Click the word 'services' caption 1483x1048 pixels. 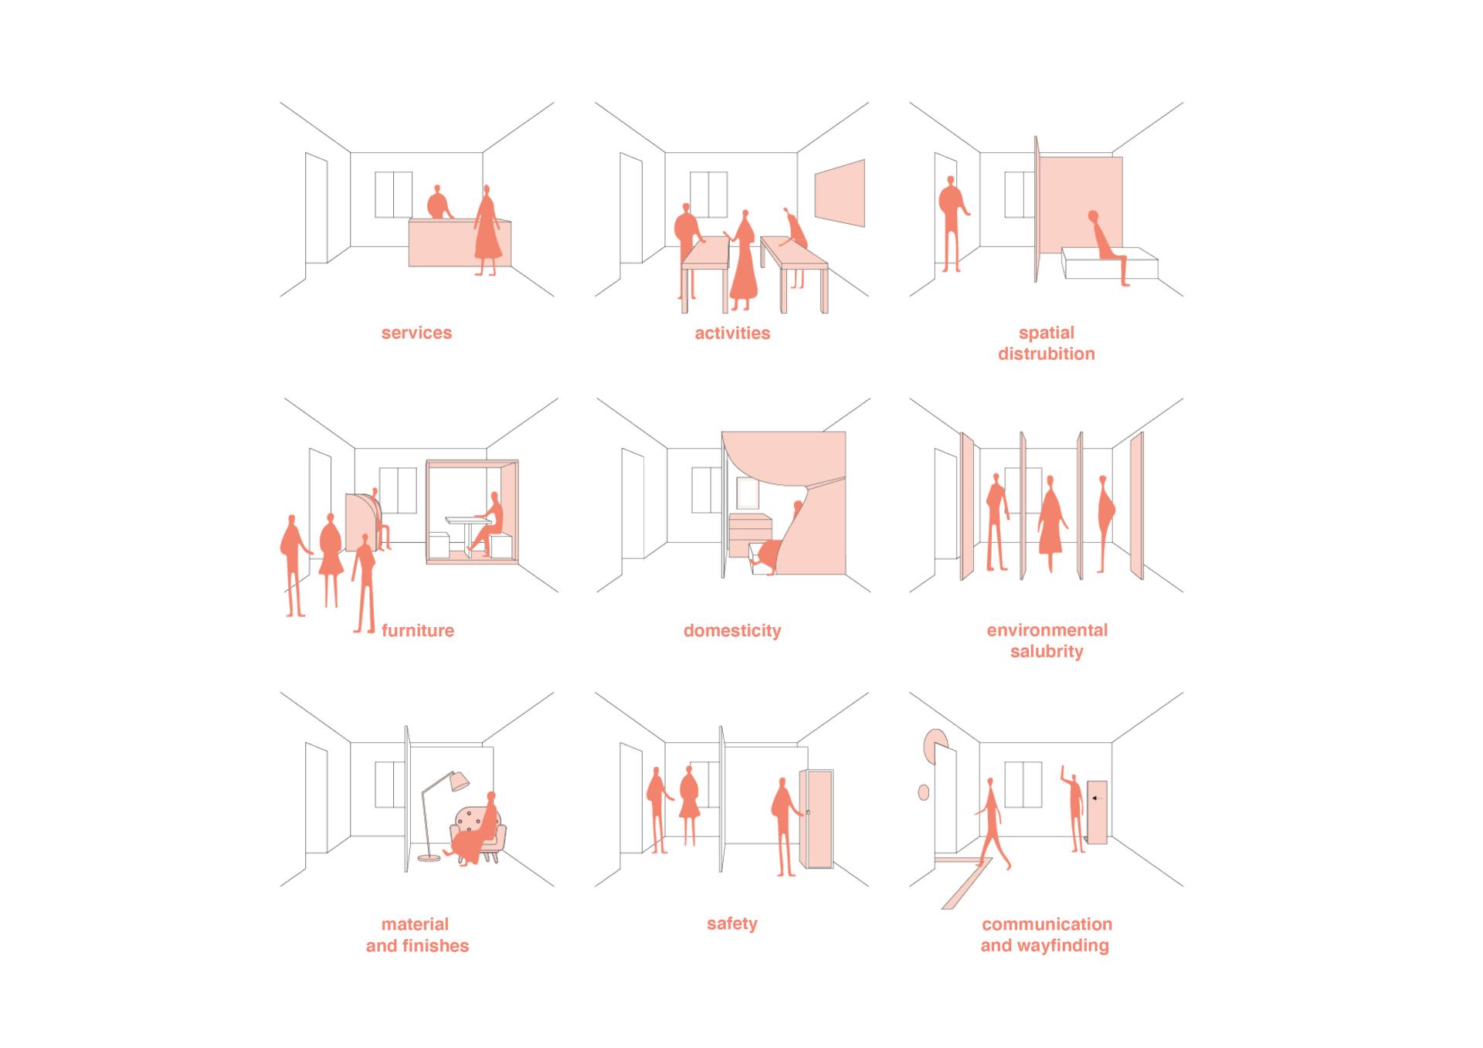[416, 333]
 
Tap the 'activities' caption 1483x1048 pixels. [732, 333]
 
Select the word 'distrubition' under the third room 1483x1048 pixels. [1047, 354]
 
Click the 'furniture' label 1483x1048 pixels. [418, 630]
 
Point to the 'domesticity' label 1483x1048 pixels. [732, 630]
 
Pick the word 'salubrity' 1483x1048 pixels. [1047, 651]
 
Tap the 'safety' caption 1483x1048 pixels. [732, 924]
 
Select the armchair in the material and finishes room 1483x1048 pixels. [479, 833]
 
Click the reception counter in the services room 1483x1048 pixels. [459, 242]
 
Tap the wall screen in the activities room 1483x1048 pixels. [840, 193]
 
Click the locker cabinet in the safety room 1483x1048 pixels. [818, 819]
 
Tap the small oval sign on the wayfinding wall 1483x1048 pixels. [923, 792]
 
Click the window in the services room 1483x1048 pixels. [394, 195]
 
